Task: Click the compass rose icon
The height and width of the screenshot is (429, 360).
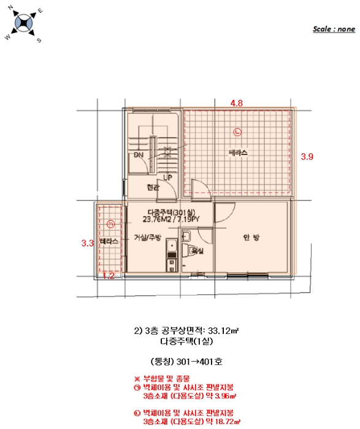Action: pyautogui.click(x=24, y=23)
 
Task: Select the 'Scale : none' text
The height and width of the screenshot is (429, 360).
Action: pyautogui.click(x=334, y=29)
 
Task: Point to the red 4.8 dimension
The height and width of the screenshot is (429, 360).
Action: pyautogui.click(x=237, y=104)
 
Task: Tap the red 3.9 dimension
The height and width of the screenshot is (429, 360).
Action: pyautogui.click(x=307, y=157)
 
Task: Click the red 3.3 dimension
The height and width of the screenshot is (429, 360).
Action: pyautogui.click(x=87, y=243)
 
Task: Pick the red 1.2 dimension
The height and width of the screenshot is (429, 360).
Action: pyautogui.click(x=109, y=276)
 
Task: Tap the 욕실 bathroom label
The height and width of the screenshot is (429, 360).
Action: pyautogui.click(x=197, y=251)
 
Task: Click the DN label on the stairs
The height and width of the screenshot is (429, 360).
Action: pyautogui.click(x=139, y=156)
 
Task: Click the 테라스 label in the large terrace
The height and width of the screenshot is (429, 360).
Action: pyautogui.click(x=238, y=153)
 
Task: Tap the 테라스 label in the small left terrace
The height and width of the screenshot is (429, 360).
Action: pyautogui.click(x=109, y=243)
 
